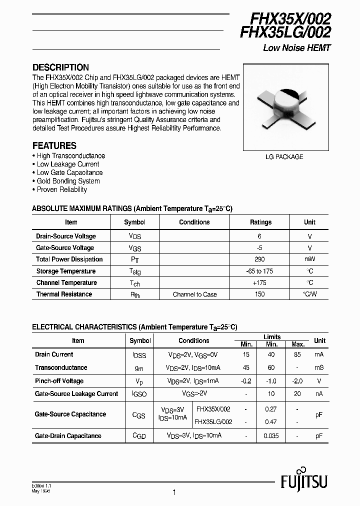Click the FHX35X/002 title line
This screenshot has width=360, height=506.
click(x=285, y=19)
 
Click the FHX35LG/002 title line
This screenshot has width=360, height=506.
click(x=285, y=33)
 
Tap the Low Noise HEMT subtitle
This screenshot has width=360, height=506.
click(x=297, y=48)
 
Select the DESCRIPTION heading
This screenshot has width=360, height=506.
click(x=60, y=67)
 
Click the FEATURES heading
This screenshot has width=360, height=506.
click(x=54, y=146)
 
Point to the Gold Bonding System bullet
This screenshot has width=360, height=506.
click(x=68, y=181)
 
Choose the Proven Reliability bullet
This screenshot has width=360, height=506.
click(x=61, y=189)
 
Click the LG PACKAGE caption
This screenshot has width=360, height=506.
click(x=284, y=156)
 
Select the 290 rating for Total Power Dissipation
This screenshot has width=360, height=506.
click(x=259, y=259)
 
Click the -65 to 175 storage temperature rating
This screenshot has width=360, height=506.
click(x=259, y=271)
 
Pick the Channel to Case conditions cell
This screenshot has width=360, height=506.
click(x=194, y=294)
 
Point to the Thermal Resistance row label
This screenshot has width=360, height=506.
click(x=64, y=294)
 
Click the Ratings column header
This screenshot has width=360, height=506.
click(x=260, y=222)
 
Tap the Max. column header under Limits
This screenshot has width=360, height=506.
click(x=298, y=344)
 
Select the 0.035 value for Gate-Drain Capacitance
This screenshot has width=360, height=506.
click(x=272, y=436)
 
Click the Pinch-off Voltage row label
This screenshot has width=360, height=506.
click(x=59, y=380)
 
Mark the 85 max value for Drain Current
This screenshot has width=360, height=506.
click(x=298, y=354)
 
